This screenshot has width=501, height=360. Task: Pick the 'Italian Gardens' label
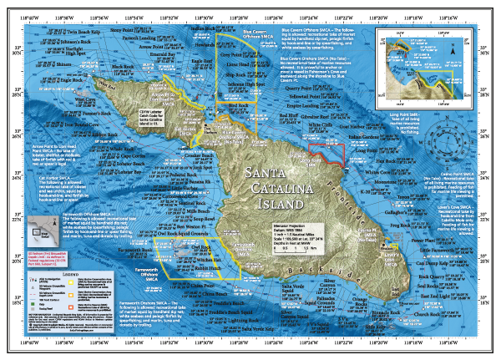(x=363, y=135)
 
